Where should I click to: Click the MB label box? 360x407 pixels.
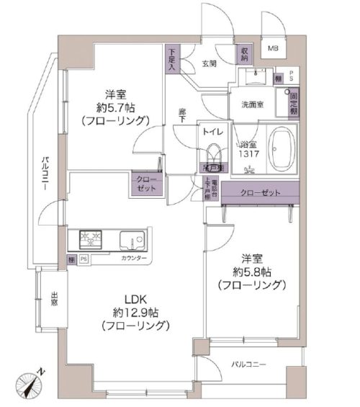[273, 49]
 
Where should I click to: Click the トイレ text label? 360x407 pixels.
[213, 133]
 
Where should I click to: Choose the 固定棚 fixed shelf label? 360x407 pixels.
[292, 103]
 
